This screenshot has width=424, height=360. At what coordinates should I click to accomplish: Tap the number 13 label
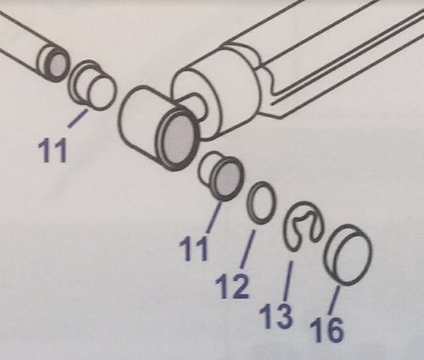coord(276,316)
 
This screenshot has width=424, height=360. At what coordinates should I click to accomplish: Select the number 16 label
coord(326,329)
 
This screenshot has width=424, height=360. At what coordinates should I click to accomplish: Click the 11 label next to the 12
coord(194,248)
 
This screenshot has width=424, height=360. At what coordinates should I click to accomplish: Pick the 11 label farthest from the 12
coord(53,150)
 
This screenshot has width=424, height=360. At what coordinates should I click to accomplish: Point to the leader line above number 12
coord(247,249)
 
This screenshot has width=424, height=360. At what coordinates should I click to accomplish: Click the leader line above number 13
coord(288,281)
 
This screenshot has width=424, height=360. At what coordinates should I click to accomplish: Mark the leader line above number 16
coord(334,300)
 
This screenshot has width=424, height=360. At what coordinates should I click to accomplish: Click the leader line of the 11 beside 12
coord(215,216)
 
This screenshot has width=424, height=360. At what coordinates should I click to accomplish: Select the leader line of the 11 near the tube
coord(78,119)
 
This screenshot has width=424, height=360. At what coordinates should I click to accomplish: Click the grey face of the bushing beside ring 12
coord(228,180)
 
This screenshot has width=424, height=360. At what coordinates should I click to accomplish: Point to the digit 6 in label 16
coord(335,330)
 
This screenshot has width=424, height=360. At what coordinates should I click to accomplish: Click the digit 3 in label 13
coord(283,316)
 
